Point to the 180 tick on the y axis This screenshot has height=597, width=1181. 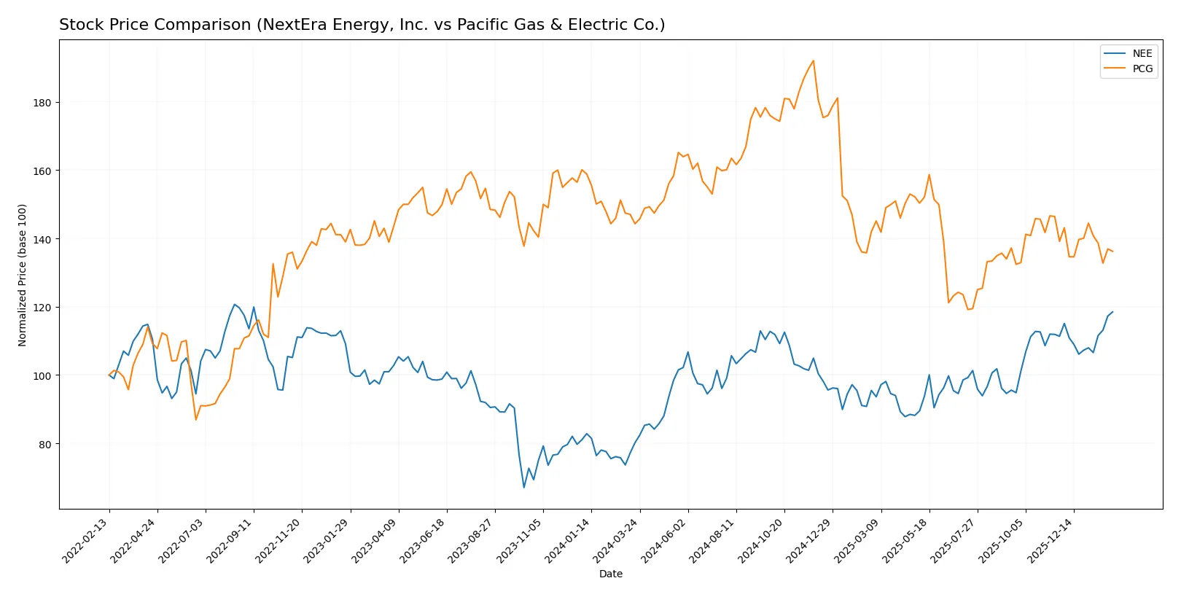(42, 103)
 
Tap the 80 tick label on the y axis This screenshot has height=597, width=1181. (44, 445)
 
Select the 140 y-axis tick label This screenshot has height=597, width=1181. (42, 239)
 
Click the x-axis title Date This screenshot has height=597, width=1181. (610, 574)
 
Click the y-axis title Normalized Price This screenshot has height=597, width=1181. (23, 275)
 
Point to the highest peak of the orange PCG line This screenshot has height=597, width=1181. (813, 61)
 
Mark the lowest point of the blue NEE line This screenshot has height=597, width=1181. (523, 488)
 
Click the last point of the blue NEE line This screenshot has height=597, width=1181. (1112, 312)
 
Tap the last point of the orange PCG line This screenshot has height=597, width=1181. (1112, 251)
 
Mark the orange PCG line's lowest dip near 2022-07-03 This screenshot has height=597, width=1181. (195, 419)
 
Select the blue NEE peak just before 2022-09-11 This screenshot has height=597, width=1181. (234, 305)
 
